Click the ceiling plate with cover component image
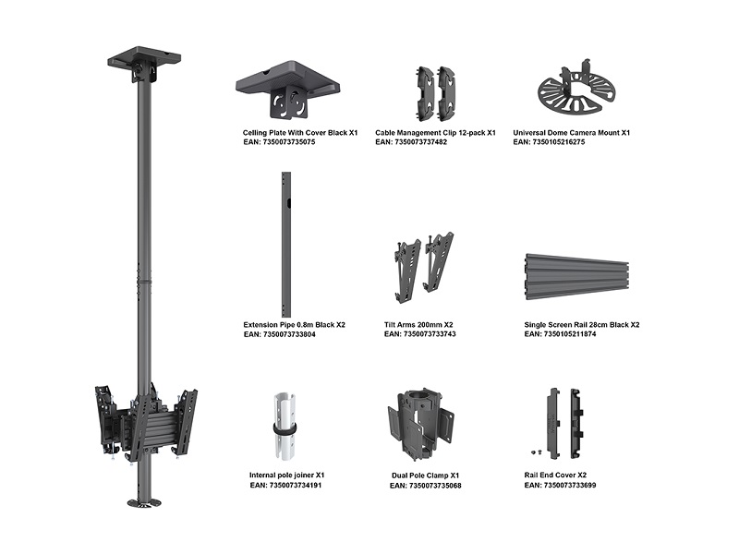[287, 90]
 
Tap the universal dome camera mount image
[575, 90]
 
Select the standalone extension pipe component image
[286, 245]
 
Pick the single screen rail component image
[576, 276]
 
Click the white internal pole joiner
[286, 428]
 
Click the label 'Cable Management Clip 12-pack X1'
[435, 133]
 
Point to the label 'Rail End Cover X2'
[555, 475]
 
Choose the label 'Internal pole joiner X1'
[287, 475]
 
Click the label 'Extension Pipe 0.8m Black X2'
[294, 325]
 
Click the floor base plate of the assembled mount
[144, 502]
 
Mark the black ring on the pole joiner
[285, 429]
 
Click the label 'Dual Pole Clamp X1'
[425, 476]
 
